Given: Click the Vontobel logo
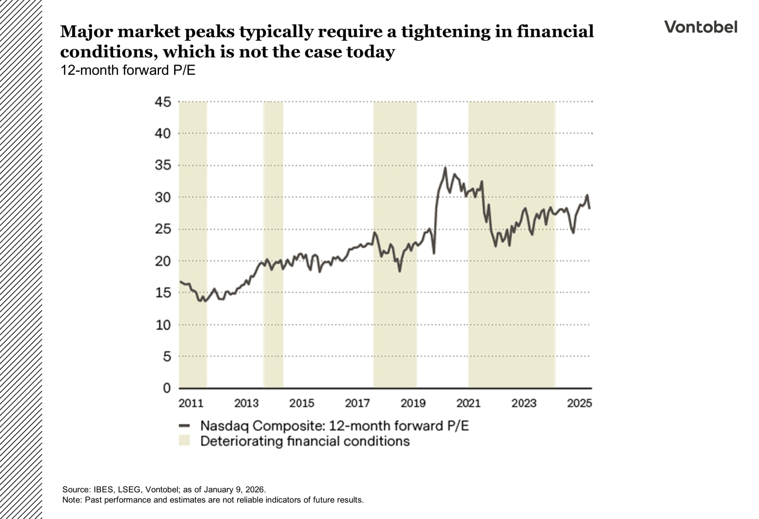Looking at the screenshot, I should click(x=700, y=27).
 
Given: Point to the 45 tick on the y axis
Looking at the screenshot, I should click(x=163, y=102).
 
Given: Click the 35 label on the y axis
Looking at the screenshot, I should click(x=163, y=165).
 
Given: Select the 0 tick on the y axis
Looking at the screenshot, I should click(x=166, y=388).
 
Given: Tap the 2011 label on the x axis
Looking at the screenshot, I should click(x=191, y=403).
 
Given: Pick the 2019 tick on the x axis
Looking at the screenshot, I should click(x=413, y=403).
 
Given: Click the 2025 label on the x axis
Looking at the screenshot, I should click(x=580, y=403).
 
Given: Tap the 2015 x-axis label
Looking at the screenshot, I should click(x=302, y=403).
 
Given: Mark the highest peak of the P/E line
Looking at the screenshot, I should click(x=445, y=168).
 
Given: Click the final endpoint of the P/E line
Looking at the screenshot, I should click(x=590, y=208).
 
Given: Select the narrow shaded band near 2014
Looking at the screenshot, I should click(x=273, y=245).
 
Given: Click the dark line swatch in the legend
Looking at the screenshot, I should click(x=184, y=426).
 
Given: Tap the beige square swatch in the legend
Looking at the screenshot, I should click(x=184, y=441).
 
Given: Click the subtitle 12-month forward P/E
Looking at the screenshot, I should click(x=128, y=70).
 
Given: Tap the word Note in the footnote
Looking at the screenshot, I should click(x=71, y=500).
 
